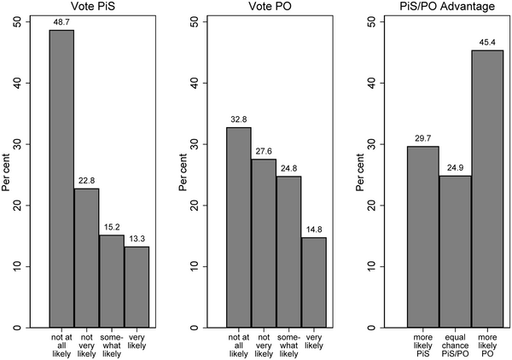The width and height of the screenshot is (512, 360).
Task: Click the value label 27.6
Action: pos(264,151)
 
